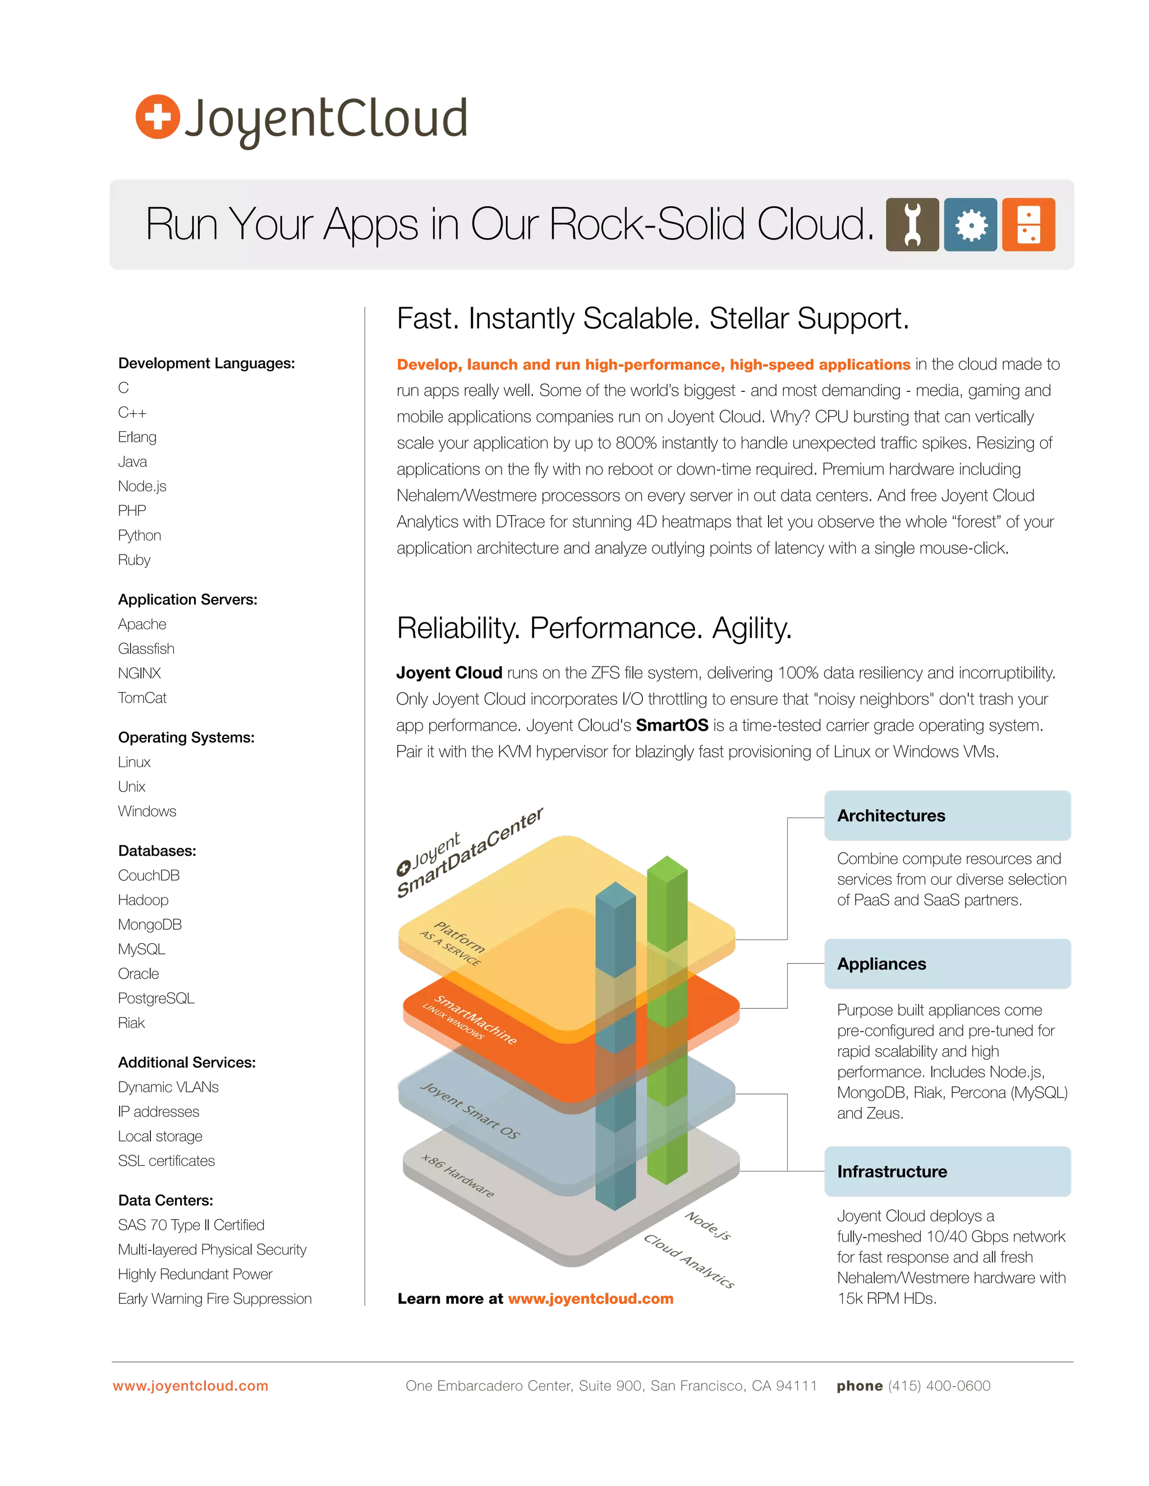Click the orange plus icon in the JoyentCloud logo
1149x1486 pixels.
(x=158, y=117)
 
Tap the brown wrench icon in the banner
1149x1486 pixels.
(x=912, y=224)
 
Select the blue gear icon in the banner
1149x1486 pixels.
(x=971, y=224)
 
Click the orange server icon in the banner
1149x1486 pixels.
(x=1028, y=224)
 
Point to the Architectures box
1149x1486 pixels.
(x=948, y=816)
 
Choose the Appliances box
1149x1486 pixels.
(x=948, y=963)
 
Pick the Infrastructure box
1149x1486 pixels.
(x=948, y=1171)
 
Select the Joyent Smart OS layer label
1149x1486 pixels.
(x=470, y=1110)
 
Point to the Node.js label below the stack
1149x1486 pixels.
(x=708, y=1225)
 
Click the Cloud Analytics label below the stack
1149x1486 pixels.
(x=689, y=1260)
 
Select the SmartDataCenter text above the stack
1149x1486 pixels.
(x=470, y=854)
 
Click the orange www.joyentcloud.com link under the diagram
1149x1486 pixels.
(x=590, y=1298)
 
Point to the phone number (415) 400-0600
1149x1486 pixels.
(x=939, y=1385)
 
